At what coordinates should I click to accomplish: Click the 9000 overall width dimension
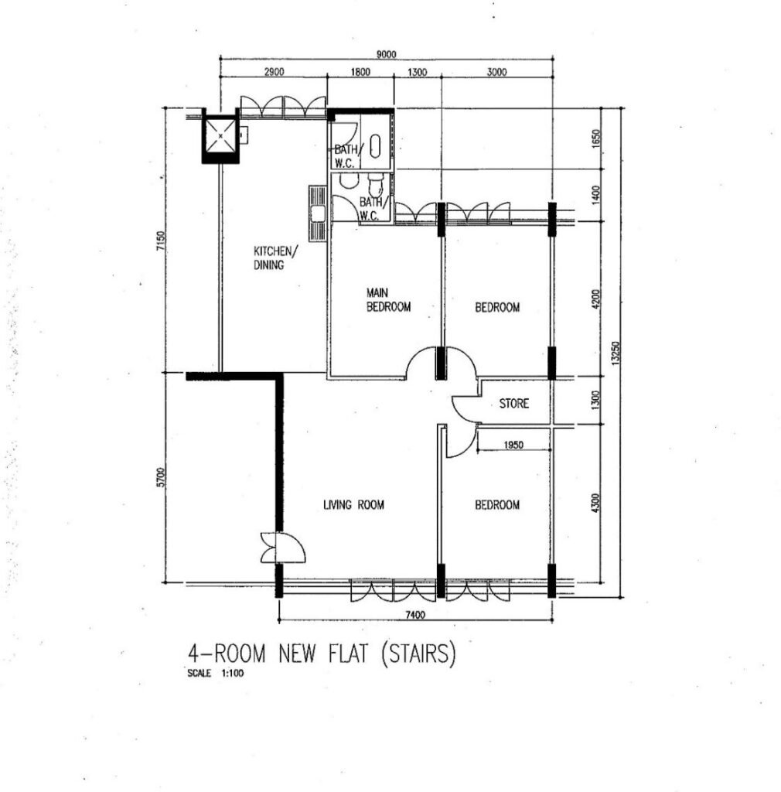coord(386,54)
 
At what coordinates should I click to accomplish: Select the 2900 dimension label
coord(275,72)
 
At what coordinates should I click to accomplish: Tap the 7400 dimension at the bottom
coord(415,615)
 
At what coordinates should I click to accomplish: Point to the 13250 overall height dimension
coord(615,352)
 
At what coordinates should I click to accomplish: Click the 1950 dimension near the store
coord(513,445)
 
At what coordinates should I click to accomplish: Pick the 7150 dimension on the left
coord(161,241)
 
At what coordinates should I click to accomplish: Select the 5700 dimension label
coord(161,477)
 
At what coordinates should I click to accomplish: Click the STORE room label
coord(514,403)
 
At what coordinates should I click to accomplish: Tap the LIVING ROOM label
coord(353,504)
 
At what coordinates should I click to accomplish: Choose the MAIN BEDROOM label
coord(388,299)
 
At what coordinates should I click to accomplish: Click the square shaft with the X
coord(220,136)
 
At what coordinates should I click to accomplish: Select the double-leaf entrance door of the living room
coord(283,548)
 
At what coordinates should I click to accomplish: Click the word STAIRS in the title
coord(419,654)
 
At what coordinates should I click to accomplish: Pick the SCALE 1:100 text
coord(215,674)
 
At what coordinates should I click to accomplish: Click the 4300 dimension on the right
coord(595,503)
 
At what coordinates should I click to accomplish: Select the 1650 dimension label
coord(595,139)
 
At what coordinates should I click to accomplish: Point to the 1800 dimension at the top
coord(360,72)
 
